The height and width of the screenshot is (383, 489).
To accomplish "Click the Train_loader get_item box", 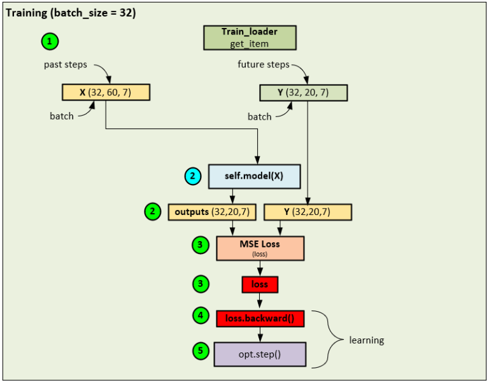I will pyautogui.click(x=250, y=38).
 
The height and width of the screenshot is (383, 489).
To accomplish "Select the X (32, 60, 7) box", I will pyautogui.click(x=106, y=92).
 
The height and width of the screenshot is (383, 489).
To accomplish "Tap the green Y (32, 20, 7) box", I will pyautogui.click(x=304, y=92).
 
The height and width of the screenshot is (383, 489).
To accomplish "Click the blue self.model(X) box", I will pyautogui.click(x=254, y=176).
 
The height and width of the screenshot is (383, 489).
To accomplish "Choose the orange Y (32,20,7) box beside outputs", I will pyautogui.click(x=308, y=212).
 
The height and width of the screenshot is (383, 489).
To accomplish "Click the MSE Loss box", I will pyautogui.click(x=260, y=248).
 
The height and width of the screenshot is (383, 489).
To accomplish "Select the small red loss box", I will pyautogui.click(x=260, y=284).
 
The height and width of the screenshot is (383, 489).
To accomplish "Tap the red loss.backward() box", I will pyautogui.click(x=260, y=318).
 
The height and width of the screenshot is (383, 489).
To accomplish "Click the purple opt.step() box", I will pyautogui.click(x=260, y=353).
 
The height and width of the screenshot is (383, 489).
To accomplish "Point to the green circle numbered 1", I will pyautogui.click(x=50, y=41).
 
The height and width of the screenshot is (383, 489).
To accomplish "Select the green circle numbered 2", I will pyautogui.click(x=153, y=212).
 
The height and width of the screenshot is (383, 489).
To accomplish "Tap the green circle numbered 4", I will pyautogui.click(x=201, y=316).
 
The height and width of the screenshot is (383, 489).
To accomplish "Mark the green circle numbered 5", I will pyautogui.click(x=201, y=351).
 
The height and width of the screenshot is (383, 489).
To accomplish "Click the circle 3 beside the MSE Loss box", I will pyautogui.click(x=201, y=245).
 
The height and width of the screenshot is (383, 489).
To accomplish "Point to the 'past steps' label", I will pyautogui.click(x=66, y=65).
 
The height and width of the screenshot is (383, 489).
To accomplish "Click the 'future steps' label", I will pyautogui.click(x=264, y=65).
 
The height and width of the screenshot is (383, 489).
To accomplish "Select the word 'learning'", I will pyautogui.click(x=366, y=340).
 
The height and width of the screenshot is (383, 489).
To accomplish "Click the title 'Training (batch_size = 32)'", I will pyautogui.click(x=71, y=13).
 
